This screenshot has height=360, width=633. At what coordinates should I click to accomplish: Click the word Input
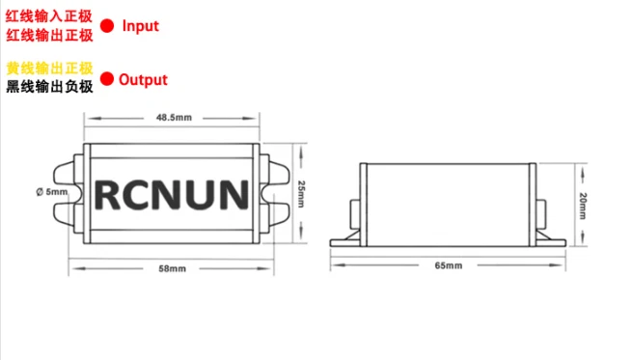coord(140,26)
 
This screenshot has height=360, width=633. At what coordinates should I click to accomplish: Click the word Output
coord(143,80)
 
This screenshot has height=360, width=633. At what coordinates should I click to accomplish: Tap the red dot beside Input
coord(107,26)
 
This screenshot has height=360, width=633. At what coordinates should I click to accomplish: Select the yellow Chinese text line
coord(49,69)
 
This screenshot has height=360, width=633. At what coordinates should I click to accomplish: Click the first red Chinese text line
coord(49,16)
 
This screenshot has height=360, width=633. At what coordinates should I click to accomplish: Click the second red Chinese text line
coord(49,35)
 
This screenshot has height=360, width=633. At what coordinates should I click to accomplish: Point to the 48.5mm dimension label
coord(174,118)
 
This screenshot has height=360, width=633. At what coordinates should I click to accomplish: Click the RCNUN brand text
coord(173,193)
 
